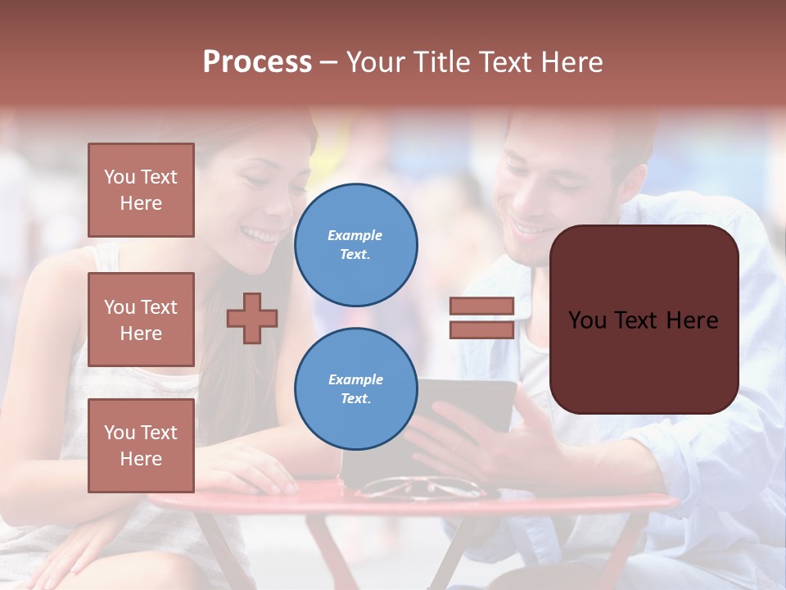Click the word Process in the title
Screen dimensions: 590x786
tap(257, 62)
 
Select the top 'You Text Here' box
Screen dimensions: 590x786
tap(141, 190)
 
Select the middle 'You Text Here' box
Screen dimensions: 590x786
tap(141, 320)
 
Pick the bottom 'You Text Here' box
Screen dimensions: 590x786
tap(141, 446)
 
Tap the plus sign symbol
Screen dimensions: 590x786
tap(252, 318)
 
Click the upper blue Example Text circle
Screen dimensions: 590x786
tap(355, 245)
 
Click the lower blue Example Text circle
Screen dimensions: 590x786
tap(355, 389)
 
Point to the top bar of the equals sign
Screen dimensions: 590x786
tap(481, 306)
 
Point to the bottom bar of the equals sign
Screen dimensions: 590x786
tap(481, 329)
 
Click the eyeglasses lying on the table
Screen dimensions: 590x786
tap(422, 488)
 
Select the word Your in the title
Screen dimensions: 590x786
tap(373, 62)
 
